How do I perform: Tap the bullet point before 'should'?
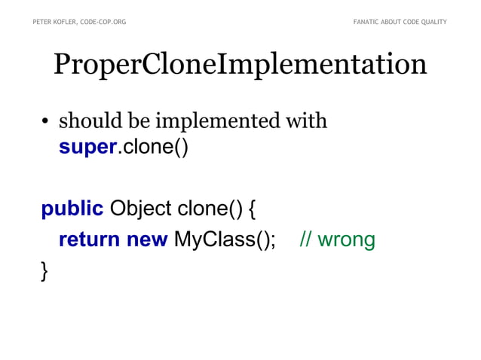pyautogui.click(x=46, y=123)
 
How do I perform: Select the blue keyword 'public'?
pyautogui.click(x=72, y=209)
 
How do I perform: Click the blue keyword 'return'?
pyautogui.click(x=89, y=240)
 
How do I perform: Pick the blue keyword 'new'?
pyautogui.click(x=147, y=240)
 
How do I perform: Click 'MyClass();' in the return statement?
pyautogui.click(x=225, y=240)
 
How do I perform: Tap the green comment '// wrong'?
pyautogui.click(x=337, y=240)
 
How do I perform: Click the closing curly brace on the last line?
pyautogui.click(x=45, y=270)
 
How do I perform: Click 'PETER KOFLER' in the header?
pyautogui.click(x=55, y=22)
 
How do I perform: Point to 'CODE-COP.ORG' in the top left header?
pyautogui.click(x=103, y=22)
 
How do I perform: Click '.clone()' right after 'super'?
pyautogui.click(x=152, y=146)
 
